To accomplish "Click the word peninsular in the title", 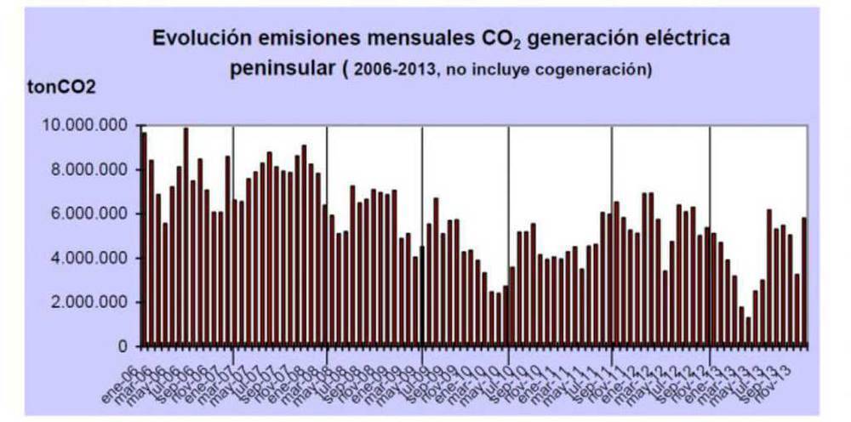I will (283, 68).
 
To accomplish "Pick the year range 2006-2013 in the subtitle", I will (392, 70).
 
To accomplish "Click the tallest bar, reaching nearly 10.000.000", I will (186, 237).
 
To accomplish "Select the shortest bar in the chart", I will (748, 332).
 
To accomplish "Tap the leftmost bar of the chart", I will (144, 239).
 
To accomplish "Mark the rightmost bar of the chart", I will (804, 282).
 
